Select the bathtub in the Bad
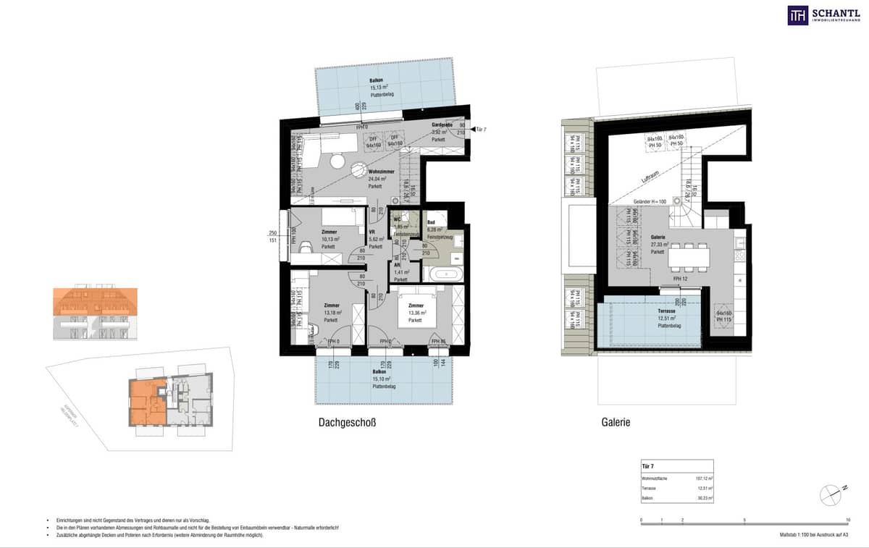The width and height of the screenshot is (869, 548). [441, 274]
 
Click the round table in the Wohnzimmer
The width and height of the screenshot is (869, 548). [359, 169]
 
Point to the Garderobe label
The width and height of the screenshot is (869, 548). [442, 125]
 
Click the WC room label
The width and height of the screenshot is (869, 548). [397, 219]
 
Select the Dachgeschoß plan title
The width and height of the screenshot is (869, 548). [347, 423]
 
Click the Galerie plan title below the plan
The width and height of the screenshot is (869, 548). [615, 423]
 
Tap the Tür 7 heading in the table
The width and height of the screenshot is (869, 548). [650, 467]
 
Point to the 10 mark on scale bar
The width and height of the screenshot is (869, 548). [848, 520]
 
